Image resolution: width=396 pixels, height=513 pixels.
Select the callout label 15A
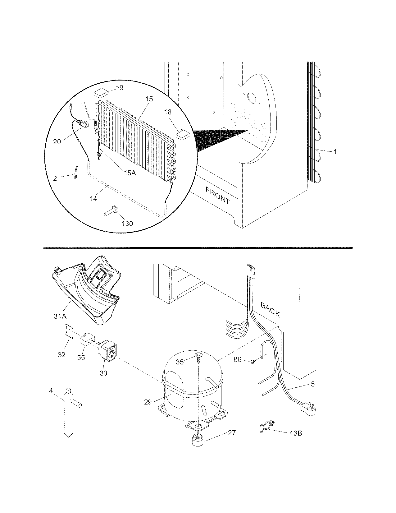(x=130, y=173)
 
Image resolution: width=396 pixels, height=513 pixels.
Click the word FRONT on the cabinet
(x=218, y=195)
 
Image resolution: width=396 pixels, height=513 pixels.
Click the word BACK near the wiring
(x=270, y=310)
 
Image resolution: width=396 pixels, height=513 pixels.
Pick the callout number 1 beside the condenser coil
(x=335, y=152)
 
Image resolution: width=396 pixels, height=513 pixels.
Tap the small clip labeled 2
(x=75, y=173)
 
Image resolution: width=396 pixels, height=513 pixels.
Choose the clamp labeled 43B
(x=267, y=424)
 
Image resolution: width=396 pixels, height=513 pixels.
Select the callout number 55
(x=81, y=358)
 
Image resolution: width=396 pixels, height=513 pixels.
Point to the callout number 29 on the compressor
(x=148, y=402)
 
